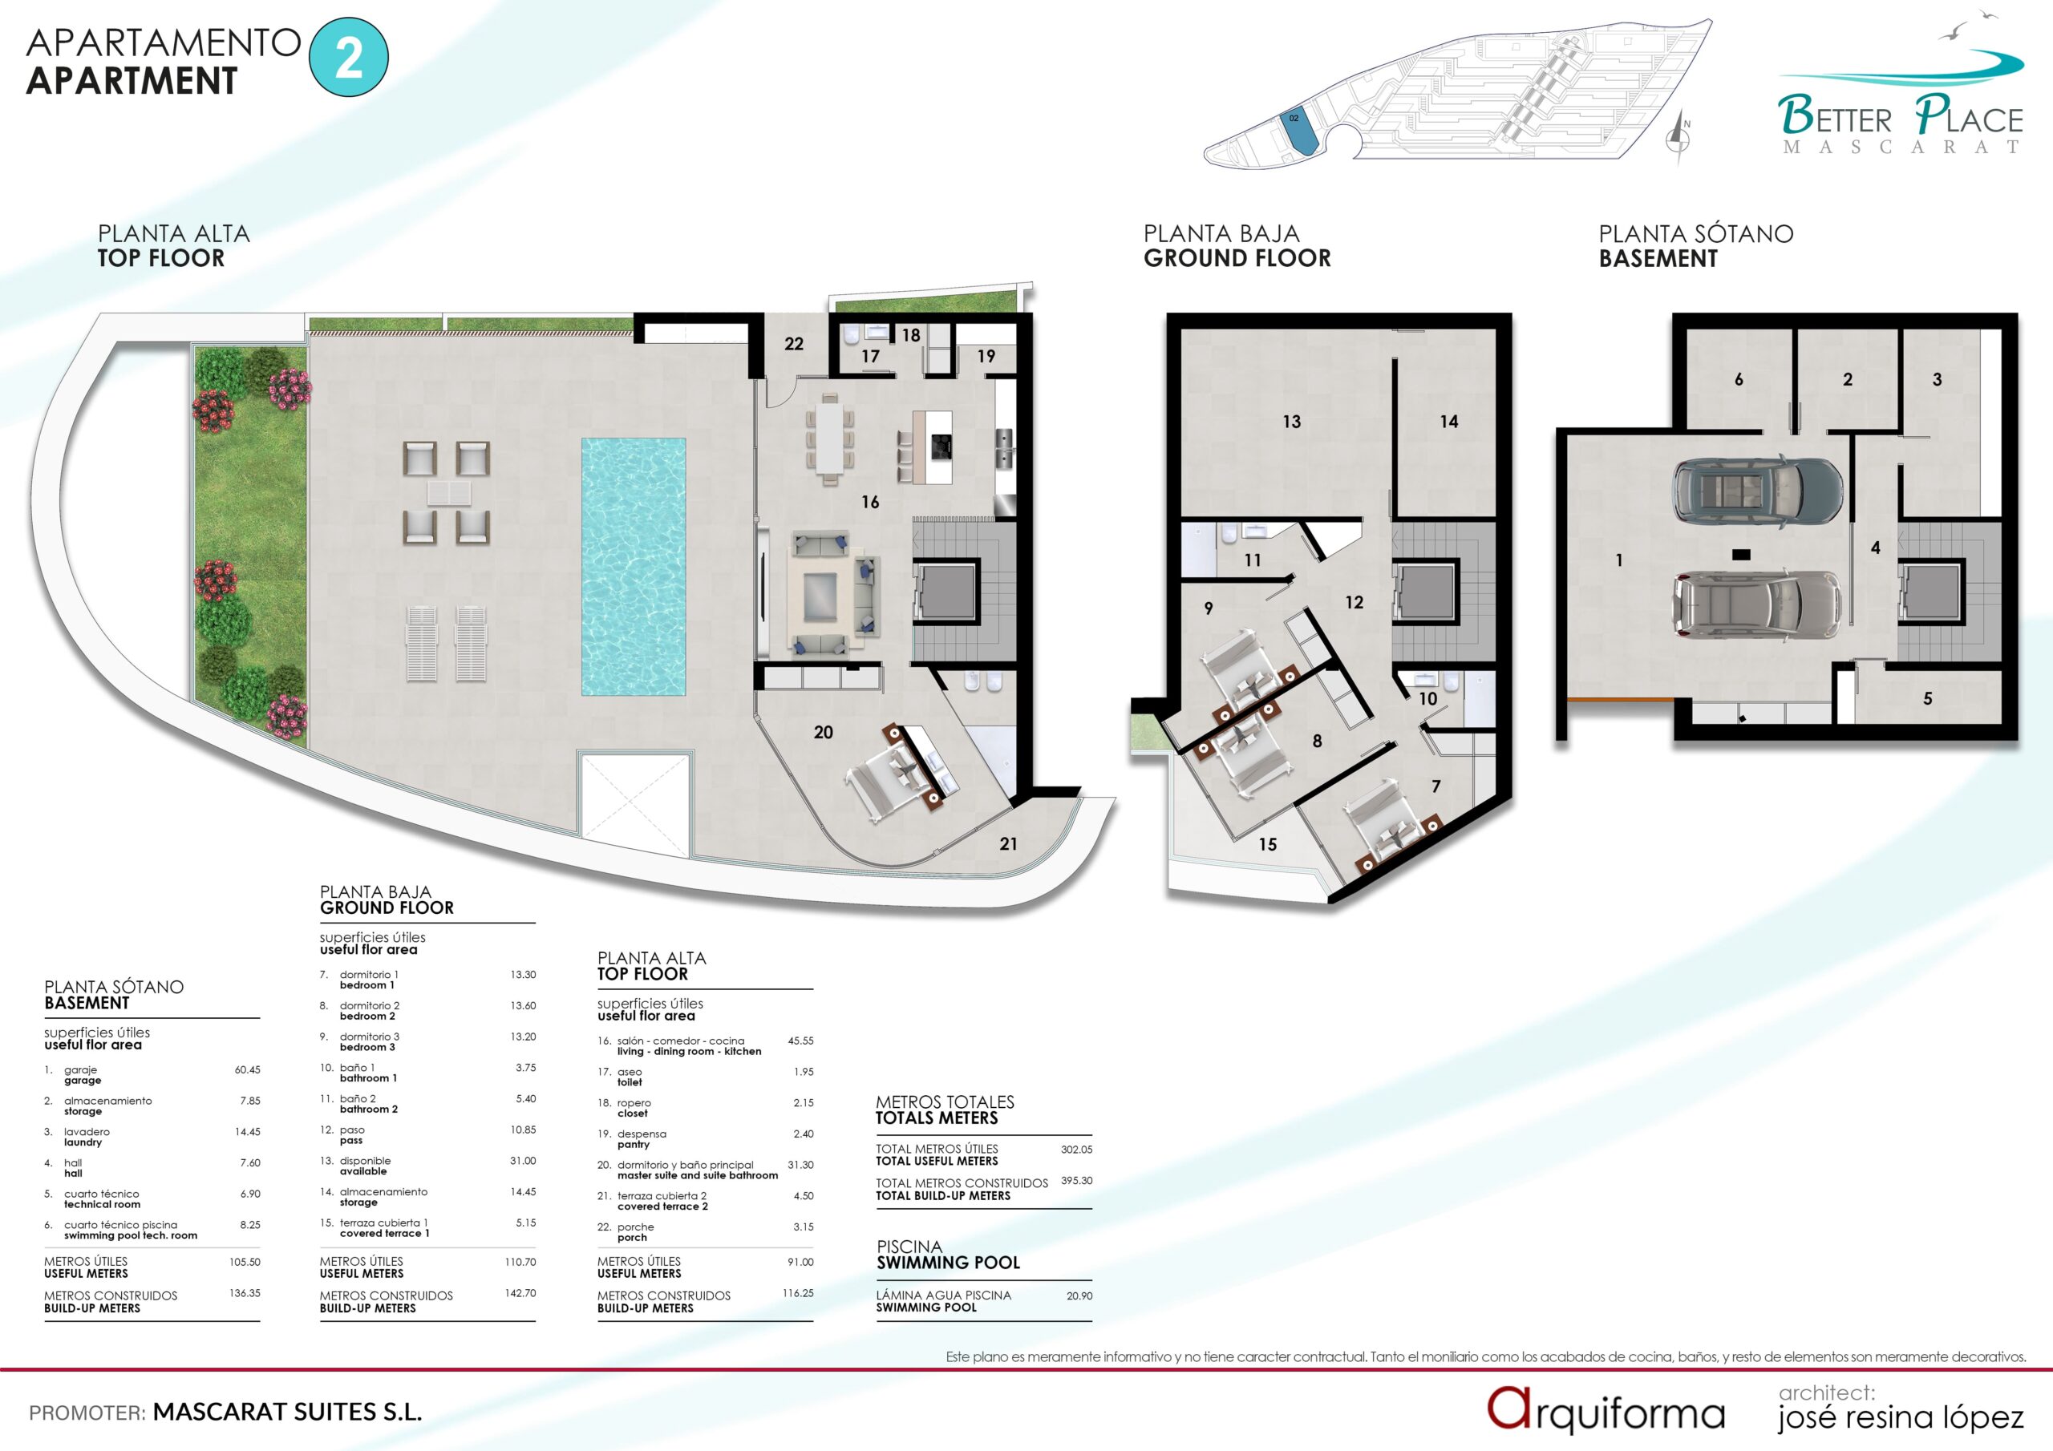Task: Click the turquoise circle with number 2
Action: click(x=349, y=57)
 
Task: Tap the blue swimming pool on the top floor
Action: click(x=633, y=566)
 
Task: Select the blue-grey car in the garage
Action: click(x=1757, y=491)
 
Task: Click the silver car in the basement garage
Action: click(x=1756, y=605)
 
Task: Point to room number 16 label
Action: click(x=870, y=503)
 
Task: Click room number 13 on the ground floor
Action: click(x=1291, y=421)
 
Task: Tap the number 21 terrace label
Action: click(x=1009, y=844)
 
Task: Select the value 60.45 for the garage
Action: click(x=248, y=1070)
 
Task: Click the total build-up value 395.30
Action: click(x=1076, y=1180)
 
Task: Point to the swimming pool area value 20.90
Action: click(x=1079, y=1295)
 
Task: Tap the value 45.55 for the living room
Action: click(x=800, y=1041)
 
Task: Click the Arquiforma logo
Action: click(x=1606, y=1410)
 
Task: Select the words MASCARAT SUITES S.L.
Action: click(x=287, y=1413)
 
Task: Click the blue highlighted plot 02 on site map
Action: click(x=1299, y=131)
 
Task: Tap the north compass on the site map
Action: click(x=1678, y=138)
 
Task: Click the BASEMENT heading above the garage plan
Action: click(x=1658, y=258)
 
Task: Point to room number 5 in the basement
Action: click(x=1928, y=698)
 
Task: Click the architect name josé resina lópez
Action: click(x=1900, y=1418)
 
